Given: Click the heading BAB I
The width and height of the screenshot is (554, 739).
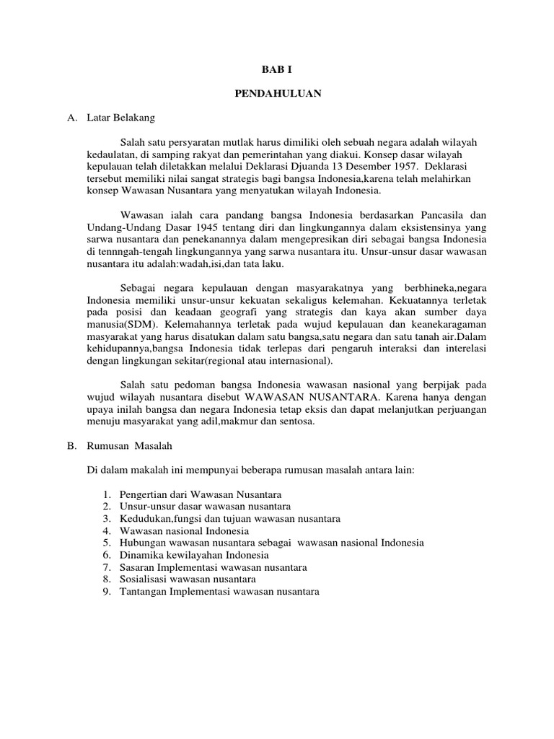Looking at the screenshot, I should point(276,69).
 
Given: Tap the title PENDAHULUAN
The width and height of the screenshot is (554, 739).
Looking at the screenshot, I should point(277,93).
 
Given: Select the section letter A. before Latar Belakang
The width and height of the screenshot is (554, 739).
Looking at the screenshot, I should point(71,117).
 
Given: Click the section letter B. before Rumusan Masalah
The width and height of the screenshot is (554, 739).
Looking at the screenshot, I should point(71,446).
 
